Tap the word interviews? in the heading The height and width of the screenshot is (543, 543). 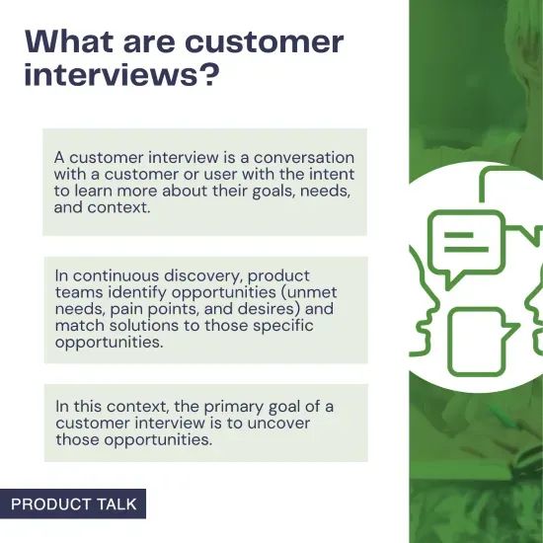click(x=120, y=76)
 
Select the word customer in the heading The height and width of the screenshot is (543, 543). click(x=264, y=42)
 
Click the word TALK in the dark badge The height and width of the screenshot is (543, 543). click(x=117, y=504)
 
